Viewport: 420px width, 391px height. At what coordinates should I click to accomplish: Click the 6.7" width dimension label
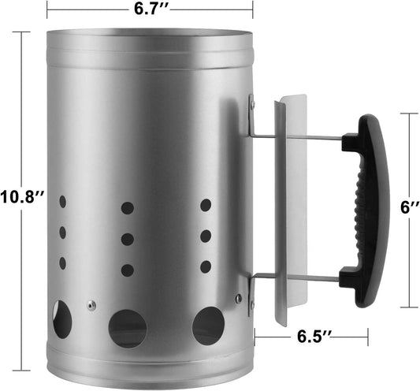pos(150,9)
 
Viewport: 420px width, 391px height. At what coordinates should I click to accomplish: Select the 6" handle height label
pos(408,208)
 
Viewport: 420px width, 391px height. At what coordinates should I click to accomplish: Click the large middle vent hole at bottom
pos(128,328)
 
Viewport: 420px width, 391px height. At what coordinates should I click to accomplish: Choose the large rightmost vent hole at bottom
pos(208,326)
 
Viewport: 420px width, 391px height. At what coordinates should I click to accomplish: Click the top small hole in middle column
pos(127,209)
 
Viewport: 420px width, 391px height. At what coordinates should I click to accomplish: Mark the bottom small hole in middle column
pos(127,269)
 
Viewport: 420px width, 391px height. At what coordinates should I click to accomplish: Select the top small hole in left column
pos(62,202)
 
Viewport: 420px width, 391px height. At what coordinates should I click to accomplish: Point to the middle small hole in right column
pos(205,236)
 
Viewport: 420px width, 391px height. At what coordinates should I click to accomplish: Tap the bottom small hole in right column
pos(205,266)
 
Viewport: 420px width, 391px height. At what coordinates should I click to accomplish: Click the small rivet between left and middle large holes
pos(92,305)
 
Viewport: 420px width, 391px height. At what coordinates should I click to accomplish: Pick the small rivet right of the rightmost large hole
pos(238,298)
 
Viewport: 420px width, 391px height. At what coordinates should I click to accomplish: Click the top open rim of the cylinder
pos(150,35)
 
